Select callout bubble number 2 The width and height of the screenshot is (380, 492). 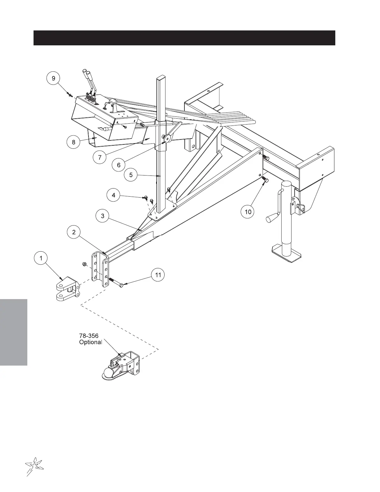pyautogui.click(x=74, y=232)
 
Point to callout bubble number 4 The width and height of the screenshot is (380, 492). pyautogui.click(x=114, y=195)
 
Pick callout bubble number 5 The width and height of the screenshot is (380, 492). pyautogui.click(x=131, y=175)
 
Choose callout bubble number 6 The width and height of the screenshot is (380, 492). pyautogui.click(x=119, y=165)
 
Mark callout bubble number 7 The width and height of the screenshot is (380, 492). pyautogui.click(x=100, y=157)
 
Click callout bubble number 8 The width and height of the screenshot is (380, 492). pyautogui.click(x=74, y=142)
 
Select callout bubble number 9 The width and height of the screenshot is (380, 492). pyautogui.click(x=53, y=78)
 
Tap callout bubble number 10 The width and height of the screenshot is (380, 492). pyautogui.click(x=248, y=212)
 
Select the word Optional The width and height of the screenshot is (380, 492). pyautogui.click(x=90, y=342)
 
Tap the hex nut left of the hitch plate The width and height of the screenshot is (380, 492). pyautogui.click(x=84, y=264)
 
